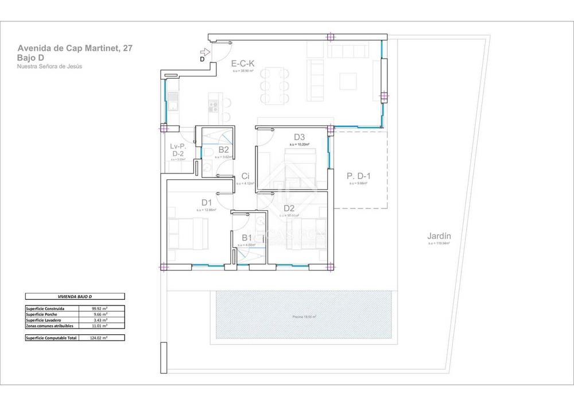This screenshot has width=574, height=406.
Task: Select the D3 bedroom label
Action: point(299,137)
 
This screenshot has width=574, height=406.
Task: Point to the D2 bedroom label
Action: point(289,208)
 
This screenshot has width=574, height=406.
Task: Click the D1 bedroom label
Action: point(207,203)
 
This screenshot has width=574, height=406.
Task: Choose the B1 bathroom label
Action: point(247,238)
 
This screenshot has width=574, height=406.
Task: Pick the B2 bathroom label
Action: point(224,150)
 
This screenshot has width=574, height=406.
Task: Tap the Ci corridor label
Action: point(245,176)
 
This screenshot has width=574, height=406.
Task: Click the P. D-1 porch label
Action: point(359,176)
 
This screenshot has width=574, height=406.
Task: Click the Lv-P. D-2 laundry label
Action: point(177,150)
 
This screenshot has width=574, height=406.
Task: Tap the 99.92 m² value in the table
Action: point(100,308)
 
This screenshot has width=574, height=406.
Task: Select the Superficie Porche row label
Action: point(42,314)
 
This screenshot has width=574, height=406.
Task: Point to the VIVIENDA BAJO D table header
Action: point(75,296)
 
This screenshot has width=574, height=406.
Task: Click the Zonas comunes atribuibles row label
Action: point(49,326)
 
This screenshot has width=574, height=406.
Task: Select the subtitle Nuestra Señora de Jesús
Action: point(50,67)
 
